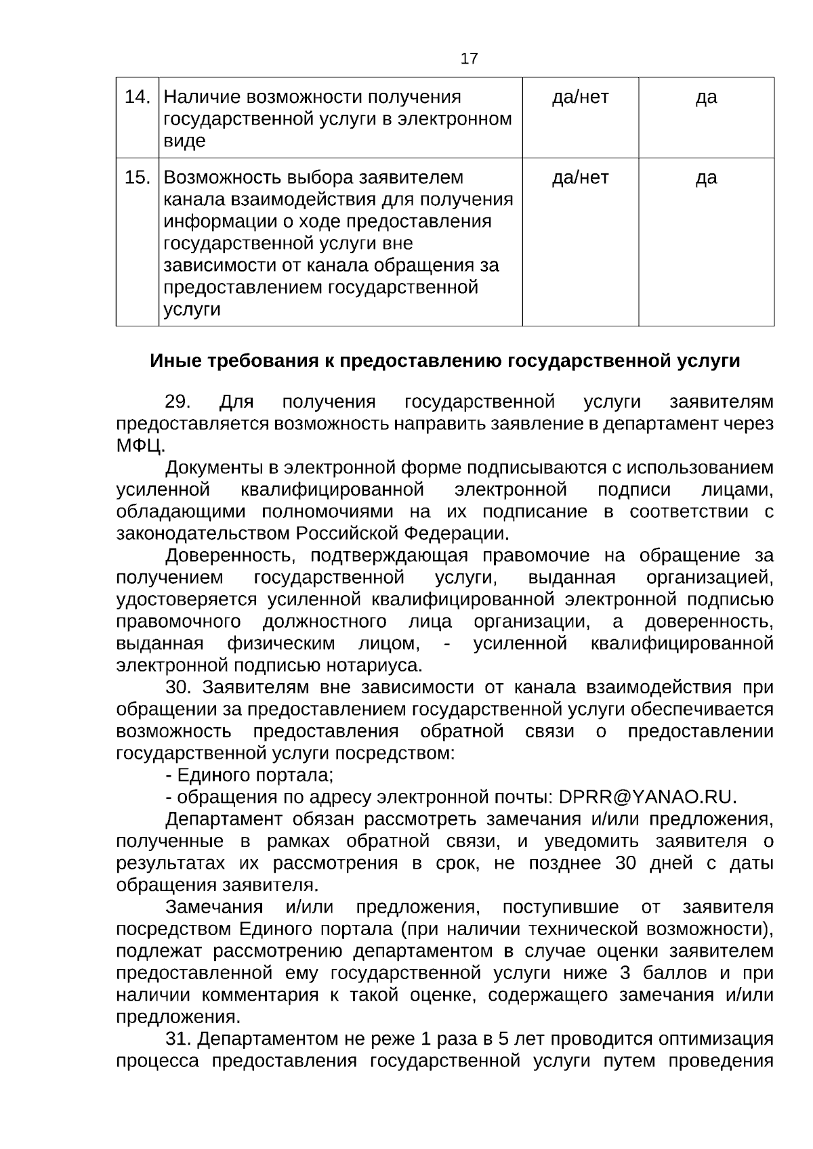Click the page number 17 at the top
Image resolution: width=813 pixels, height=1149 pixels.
(469, 59)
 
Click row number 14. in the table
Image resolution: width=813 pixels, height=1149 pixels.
(138, 97)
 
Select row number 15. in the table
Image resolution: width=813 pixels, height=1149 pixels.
(138, 178)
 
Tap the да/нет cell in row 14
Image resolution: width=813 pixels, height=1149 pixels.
(580, 97)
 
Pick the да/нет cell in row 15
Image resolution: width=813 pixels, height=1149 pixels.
(580, 178)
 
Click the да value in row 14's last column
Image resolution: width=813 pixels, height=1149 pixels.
(706, 97)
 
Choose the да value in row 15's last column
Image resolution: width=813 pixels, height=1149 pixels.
(706, 178)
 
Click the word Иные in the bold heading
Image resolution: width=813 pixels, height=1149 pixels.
(172, 361)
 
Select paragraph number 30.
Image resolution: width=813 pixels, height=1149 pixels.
(178, 688)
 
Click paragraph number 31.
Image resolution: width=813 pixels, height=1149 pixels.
(178, 1039)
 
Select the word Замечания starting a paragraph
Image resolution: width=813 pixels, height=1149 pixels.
(214, 907)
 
